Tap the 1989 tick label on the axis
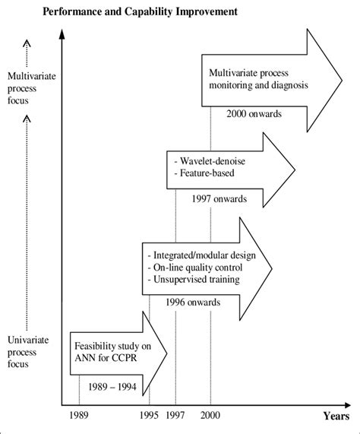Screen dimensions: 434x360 (80, 417)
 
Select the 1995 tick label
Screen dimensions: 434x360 (149, 417)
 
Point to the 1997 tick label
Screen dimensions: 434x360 (175, 417)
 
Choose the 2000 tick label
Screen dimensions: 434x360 (210, 417)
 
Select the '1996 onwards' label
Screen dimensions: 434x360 (193, 302)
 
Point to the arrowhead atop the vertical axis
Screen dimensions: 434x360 (66, 34)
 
